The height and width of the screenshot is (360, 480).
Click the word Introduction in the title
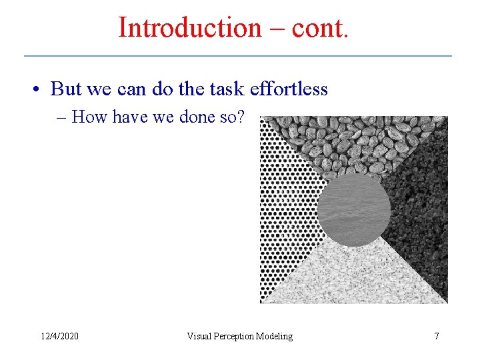pos(181,28)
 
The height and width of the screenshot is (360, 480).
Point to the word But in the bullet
pos(65,89)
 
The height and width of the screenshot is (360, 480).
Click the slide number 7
pos(437,336)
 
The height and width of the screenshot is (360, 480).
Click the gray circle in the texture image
pos(353,211)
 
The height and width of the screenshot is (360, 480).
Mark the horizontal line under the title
pos(238,55)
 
